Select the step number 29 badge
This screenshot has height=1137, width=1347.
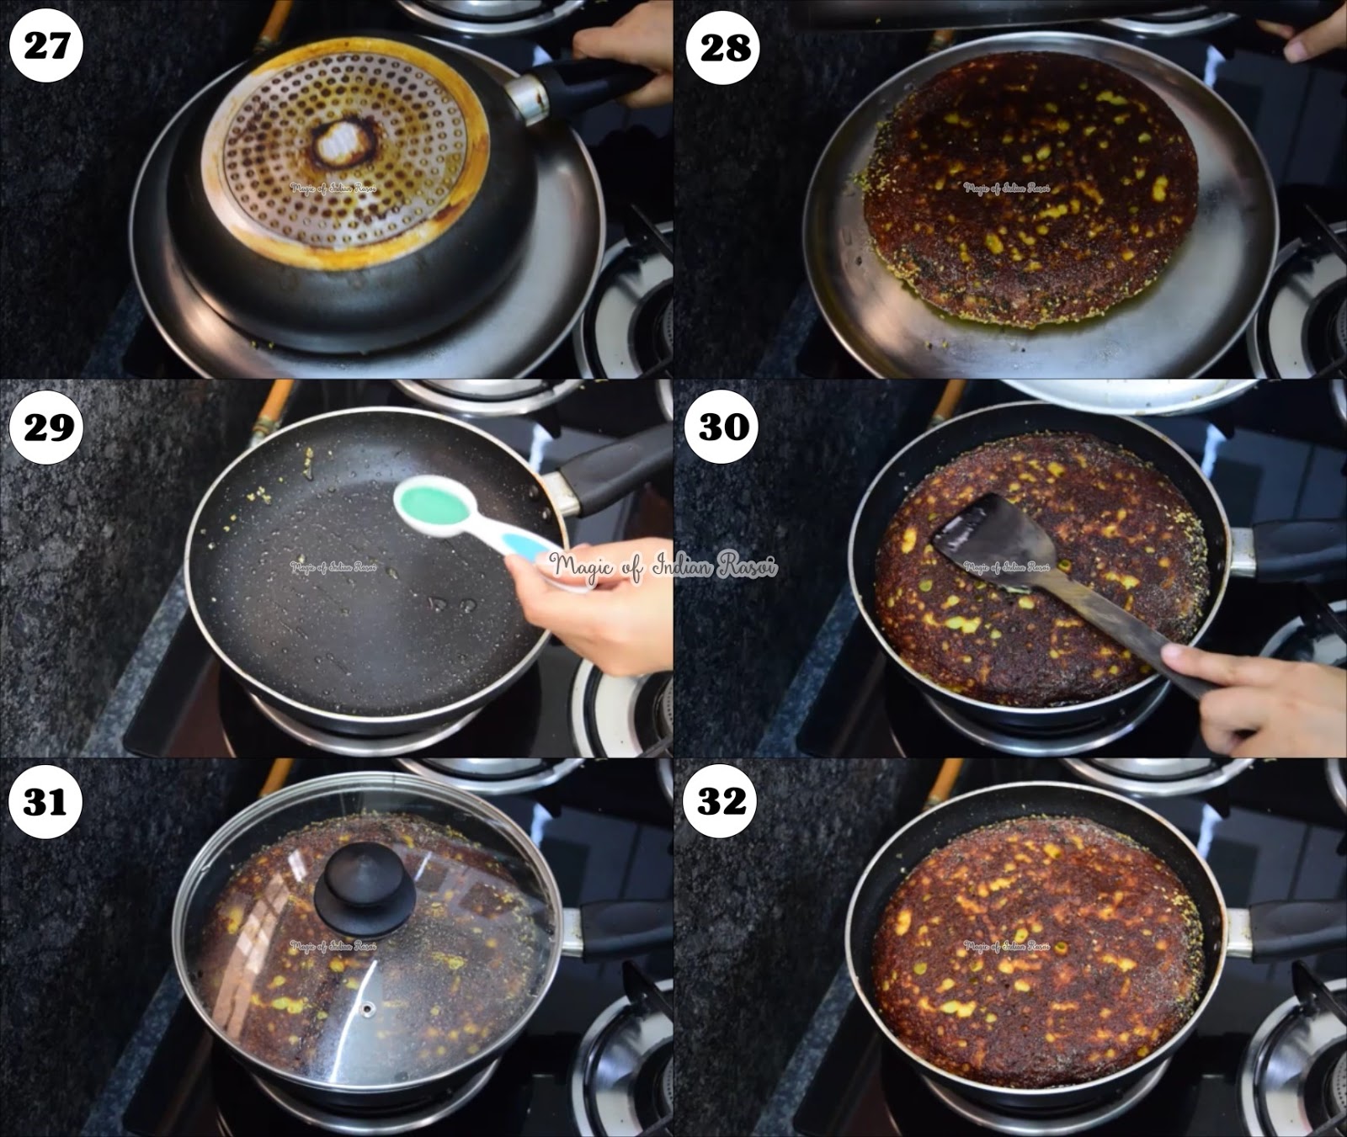[48, 427]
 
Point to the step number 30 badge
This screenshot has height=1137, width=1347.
[724, 427]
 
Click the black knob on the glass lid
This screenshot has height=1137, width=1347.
[365, 888]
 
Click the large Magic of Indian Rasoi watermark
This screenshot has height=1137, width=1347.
[663, 566]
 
